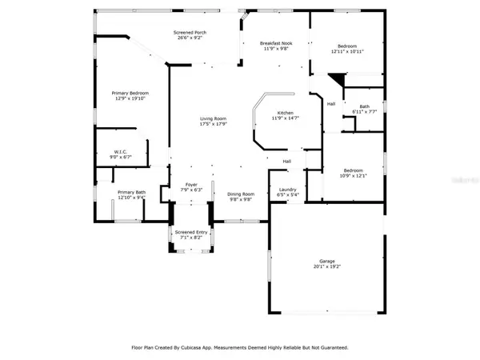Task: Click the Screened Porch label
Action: click(x=190, y=32)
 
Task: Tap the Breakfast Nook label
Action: click(x=275, y=43)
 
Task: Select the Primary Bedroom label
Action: click(x=130, y=93)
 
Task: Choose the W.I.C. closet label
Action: click(x=121, y=151)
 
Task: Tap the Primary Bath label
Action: click(x=131, y=192)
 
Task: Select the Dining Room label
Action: click(x=241, y=194)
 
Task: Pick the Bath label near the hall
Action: click(x=364, y=106)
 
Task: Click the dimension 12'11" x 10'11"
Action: click(x=348, y=51)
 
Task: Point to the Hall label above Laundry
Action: click(x=286, y=162)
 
